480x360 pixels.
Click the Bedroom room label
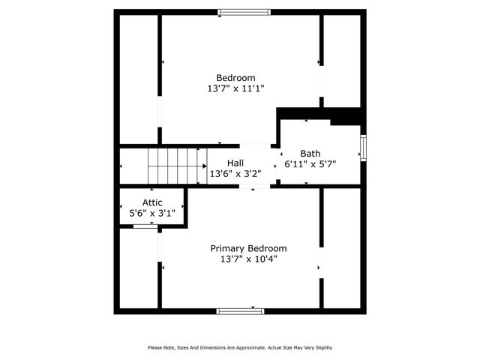(235, 78)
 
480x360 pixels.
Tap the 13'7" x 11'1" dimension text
(235, 88)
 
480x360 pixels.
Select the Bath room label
(310, 153)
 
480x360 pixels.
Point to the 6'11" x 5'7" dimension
(310, 163)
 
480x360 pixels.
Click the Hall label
(235, 162)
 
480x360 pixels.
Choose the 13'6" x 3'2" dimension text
(235, 172)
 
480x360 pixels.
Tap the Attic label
(152, 202)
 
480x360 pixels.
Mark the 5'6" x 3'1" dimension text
(152, 213)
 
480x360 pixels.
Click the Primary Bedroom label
(247, 248)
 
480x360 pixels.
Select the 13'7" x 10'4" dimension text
(247, 259)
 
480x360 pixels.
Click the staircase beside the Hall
(176, 165)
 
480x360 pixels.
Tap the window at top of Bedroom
(244, 12)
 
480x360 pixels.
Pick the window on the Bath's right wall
(363, 147)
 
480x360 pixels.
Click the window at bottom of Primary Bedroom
(240, 310)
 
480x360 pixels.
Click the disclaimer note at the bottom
(240, 347)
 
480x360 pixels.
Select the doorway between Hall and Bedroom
(254, 145)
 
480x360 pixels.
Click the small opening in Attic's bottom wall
(145, 225)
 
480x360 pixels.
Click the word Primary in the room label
(226, 248)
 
